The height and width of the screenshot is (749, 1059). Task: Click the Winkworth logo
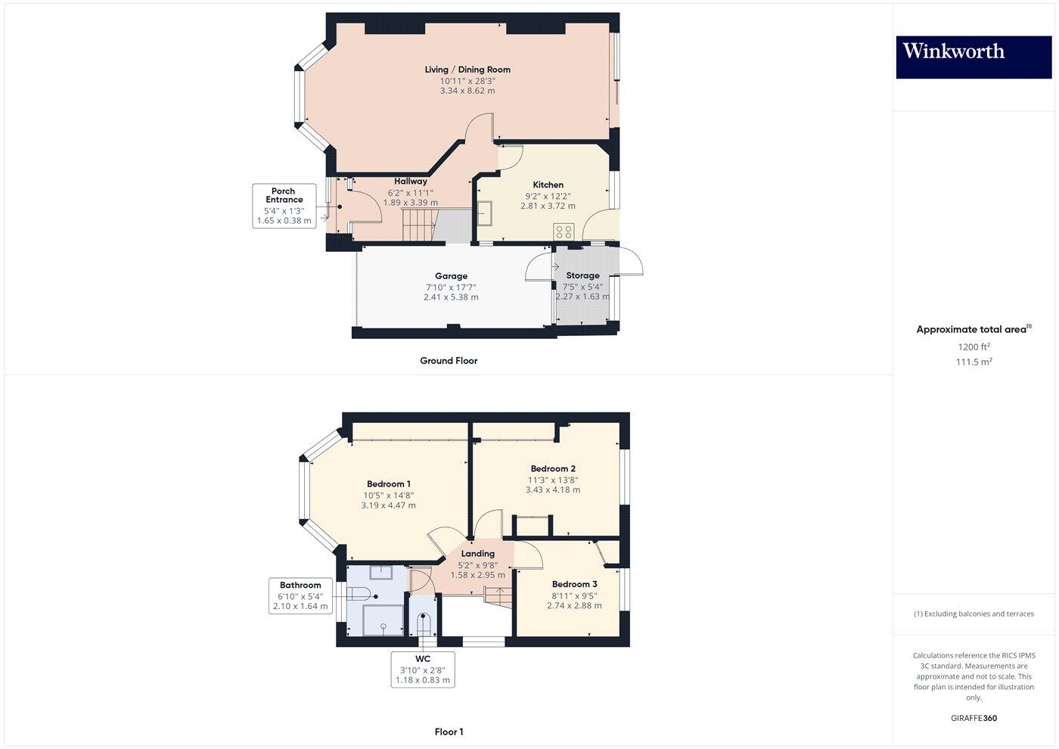click(x=974, y=57)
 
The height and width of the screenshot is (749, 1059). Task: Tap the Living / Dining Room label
click(x=467, y=70)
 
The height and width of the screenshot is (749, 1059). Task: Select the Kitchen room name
click(x=548, y=185)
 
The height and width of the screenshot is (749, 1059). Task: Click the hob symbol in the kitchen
click(x=564, y=232)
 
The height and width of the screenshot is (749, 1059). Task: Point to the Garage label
click(x=451, y=276)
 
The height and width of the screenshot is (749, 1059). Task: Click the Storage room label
click(x=582, y=275)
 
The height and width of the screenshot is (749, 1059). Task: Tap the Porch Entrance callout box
click(x=284, y=206)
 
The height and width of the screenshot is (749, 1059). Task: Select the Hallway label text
click(x=411, y=182)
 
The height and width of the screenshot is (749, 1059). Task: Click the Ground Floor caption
click(x=449, y=361)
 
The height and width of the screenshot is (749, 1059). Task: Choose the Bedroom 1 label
click(x=389, y=484)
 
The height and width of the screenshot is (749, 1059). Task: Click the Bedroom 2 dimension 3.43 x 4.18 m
click(x=553, y=489)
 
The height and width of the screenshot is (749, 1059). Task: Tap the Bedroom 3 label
click(x=574, y=584)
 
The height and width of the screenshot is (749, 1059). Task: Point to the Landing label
click(x=477, y=554)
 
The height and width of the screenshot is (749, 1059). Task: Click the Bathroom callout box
click(x=300, y=595)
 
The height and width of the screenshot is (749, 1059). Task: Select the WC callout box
click(x=423, y=670)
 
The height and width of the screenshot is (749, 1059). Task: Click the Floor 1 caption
click(x=449, y=732)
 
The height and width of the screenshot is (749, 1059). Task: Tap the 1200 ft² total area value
click(x=974, y=347)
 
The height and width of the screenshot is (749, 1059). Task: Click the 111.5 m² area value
click(x=974, y=362)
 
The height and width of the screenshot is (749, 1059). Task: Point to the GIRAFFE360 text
click(x=974, y=718)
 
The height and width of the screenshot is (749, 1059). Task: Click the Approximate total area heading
click(x=973, y=329)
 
